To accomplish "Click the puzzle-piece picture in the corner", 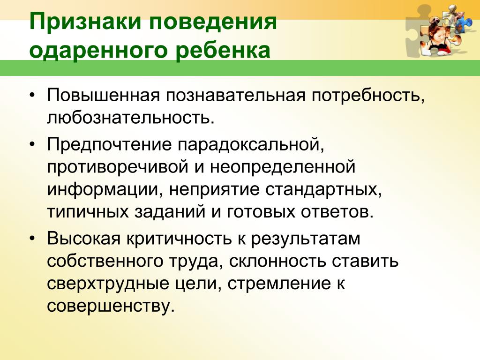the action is click(440, 30).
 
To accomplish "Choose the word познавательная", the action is click(236, 96).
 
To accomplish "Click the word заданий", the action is click(170, 212).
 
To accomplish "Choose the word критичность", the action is click(179, 239).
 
